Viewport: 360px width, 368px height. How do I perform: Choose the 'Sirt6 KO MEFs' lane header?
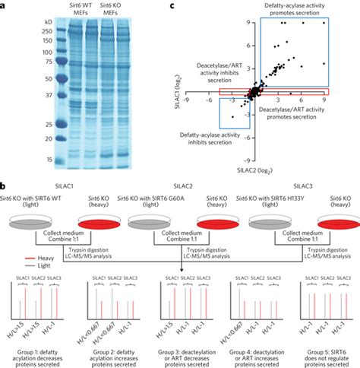(112, 16)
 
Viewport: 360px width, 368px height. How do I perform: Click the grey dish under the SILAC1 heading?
(33, 216)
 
